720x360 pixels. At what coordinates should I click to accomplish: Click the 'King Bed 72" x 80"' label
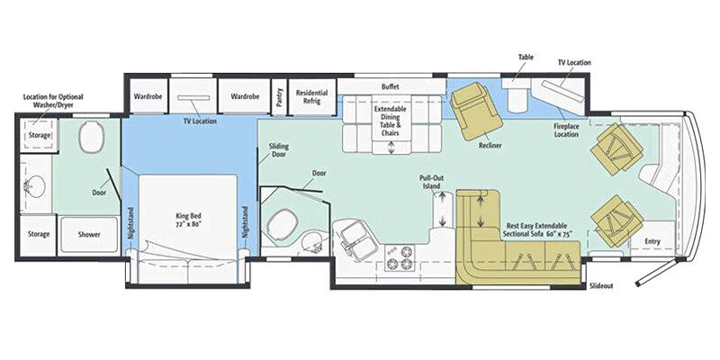click(x=188, y=220)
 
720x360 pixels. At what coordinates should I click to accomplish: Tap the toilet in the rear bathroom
click(x=90, y=139)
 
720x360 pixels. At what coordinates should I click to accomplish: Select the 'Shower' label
click(x=88, y=234)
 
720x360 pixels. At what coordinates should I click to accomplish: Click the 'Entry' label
click(x=652, y=241)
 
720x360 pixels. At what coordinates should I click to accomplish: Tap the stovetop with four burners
click(x=398, y=258)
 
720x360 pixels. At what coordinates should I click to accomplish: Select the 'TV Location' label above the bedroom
click(x=200, y=120)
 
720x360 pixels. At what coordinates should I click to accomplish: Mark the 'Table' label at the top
click(x=525, y=56)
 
